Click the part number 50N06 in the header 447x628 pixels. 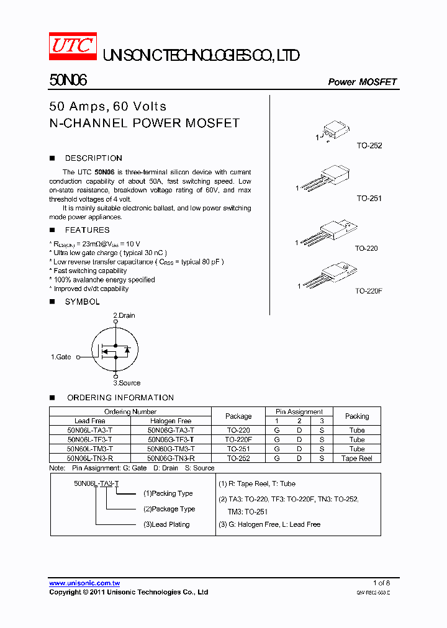coord(68,81)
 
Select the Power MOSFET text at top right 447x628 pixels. coord(362,82)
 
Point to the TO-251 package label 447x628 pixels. coord(369,199)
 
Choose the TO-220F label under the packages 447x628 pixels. coord(368,290)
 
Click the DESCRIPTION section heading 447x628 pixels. coord(93,158)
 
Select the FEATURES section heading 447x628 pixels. coord(87,230)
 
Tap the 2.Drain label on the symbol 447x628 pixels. coord(124,315)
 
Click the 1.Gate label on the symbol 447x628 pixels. coord(61,357)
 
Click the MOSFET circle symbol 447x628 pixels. coord(114,350)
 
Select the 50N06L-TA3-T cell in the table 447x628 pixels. coord(90,430)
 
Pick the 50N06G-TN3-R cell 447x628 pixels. coord(171,458)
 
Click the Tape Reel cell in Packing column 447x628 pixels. coord(356,458)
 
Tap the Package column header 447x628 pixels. coord(238,416)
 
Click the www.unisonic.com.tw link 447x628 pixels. coord(84,583)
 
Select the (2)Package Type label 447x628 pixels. coord(169,509)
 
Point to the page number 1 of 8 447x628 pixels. coord(381,583)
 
